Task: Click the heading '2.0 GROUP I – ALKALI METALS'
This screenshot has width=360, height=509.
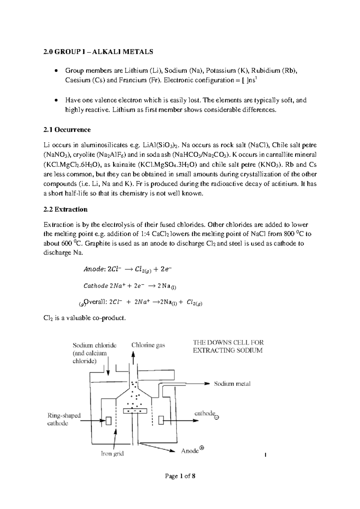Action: pyautogui.click(x=98, y=52)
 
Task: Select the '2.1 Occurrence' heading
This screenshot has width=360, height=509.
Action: pyautogui.click(x=67, y=130)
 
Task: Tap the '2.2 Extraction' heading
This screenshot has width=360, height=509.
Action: pyautogui.click(x=65, y=209)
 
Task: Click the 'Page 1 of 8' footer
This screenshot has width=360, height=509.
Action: pyautogui.click(x=180, y=476)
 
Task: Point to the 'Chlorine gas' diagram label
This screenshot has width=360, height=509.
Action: pyautogui.click(x=148, y=345)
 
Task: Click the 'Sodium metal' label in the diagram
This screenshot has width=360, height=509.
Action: pyautogui.click(x=232, y=384)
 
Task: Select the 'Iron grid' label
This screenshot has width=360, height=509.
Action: pyautogui.click(x=112, y=453)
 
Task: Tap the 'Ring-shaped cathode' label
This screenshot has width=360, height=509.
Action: pyautogui.click(x=64, y=420)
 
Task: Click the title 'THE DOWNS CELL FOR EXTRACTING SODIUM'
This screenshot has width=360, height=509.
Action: pyautogui.click(x=228, y=346)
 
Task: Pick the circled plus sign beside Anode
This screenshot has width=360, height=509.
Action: pyautogui.click(x=202, y=448)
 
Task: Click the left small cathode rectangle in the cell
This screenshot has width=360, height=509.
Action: pyautogui.click(x=108, y=421)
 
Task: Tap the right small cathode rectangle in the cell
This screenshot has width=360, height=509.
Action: pyautogui.click(x=161, y=420)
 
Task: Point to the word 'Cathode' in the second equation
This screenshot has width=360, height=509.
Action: pyautogui.click(x=95, y=286)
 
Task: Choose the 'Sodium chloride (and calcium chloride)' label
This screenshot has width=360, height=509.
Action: pyautogui.click(x=94, y=353)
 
